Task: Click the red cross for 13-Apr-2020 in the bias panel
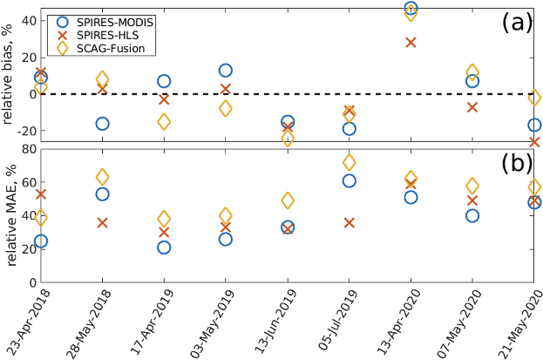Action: click(x=411, y=43)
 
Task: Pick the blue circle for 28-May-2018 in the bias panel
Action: click(x=102, y=124)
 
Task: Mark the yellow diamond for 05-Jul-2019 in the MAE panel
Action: click(x=349, y=162)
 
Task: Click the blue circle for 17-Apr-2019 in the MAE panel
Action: click(x=164, y=248)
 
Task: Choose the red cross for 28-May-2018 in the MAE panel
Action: click(x=102, y=222)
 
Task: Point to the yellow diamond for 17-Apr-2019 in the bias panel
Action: click(x=164, y=122)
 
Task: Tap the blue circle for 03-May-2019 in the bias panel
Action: click(x=226, y=71)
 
